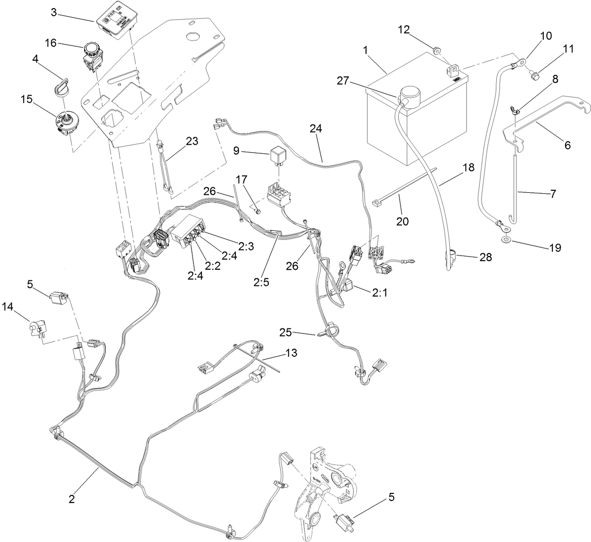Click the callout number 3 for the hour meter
point(54,12)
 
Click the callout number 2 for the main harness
point(72,498)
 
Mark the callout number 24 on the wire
point(316,129)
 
